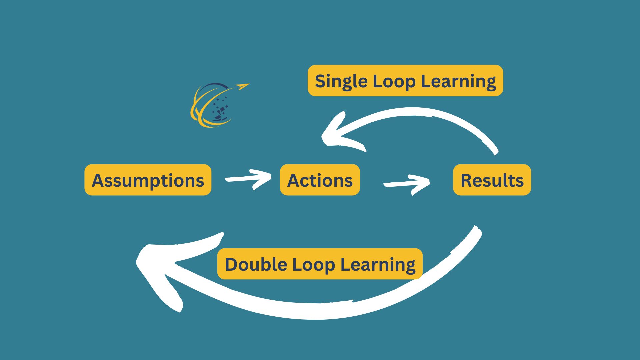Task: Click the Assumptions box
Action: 148,180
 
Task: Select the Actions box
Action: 320,180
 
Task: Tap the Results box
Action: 492,180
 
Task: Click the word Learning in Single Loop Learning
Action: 458,81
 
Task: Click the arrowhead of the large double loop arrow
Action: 157,267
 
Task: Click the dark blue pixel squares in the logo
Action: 220,108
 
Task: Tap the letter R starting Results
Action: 466,180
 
